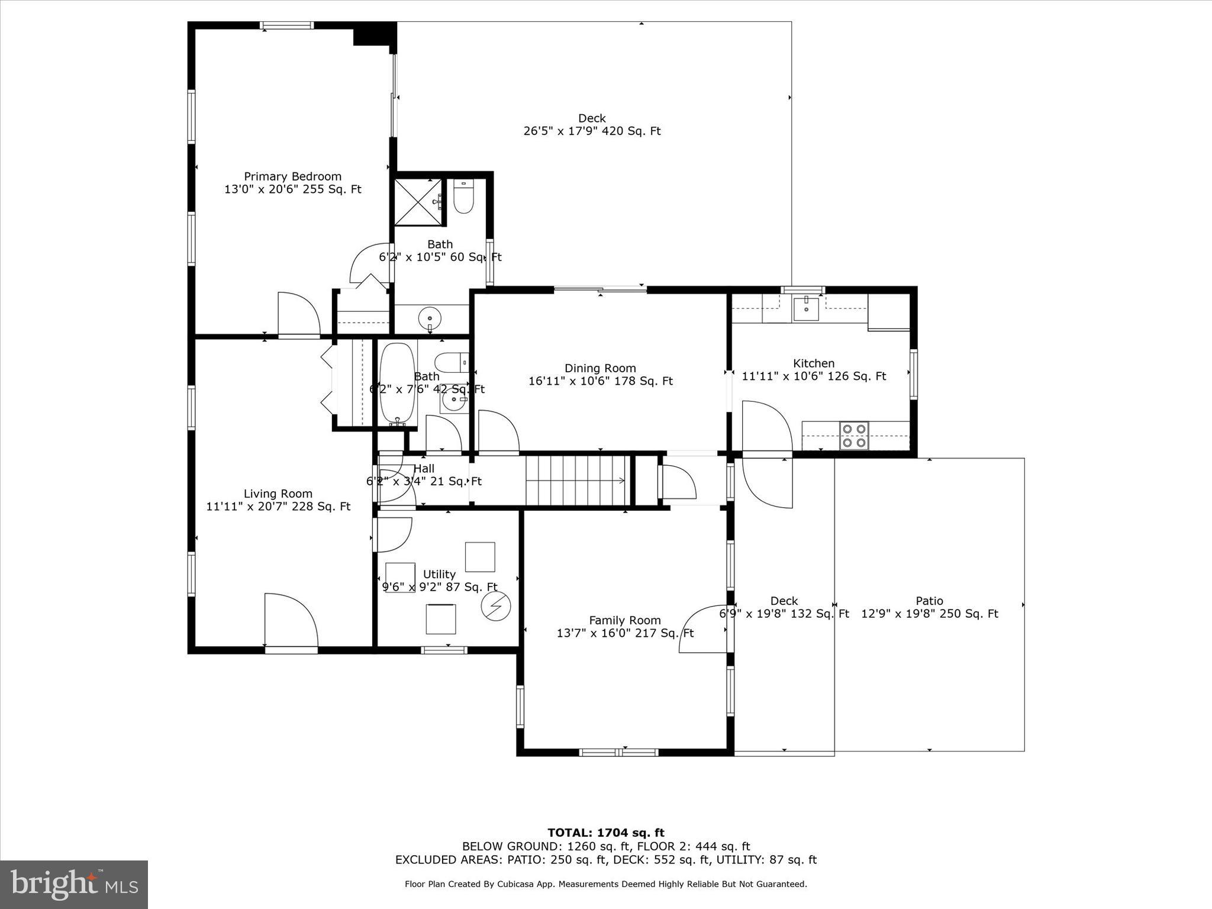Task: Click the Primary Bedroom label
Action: click(x=292, y=176)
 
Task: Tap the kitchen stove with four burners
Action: click(x=853, y=436)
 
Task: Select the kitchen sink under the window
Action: click(x=806, y=308)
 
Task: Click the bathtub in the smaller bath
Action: click(x=398, y=383)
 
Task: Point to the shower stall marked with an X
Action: click(x=418, y=202)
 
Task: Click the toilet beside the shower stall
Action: click(x=463, y=198)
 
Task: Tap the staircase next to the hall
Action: click(x=576, y=481)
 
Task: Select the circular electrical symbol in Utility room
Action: click(x=495, y=607)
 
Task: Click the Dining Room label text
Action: click(x=600, y=368)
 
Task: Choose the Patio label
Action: click(x=929, y=601)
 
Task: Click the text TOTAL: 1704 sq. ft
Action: click(x=605, y=833)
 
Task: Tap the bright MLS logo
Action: click(x=74, y=884)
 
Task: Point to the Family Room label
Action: click(x=624, y=620)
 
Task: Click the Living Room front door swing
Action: click(x=291, y=621)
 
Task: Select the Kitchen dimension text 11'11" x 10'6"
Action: click(x=814, y=376)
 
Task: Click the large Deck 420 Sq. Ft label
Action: click(x=592, y=125)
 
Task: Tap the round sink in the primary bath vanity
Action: click(x=430, y=319)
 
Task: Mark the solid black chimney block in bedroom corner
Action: click(x=374, y=34)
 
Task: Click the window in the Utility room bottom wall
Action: click(x=444, y=650)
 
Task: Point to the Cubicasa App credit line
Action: click(x=605, y=884)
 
